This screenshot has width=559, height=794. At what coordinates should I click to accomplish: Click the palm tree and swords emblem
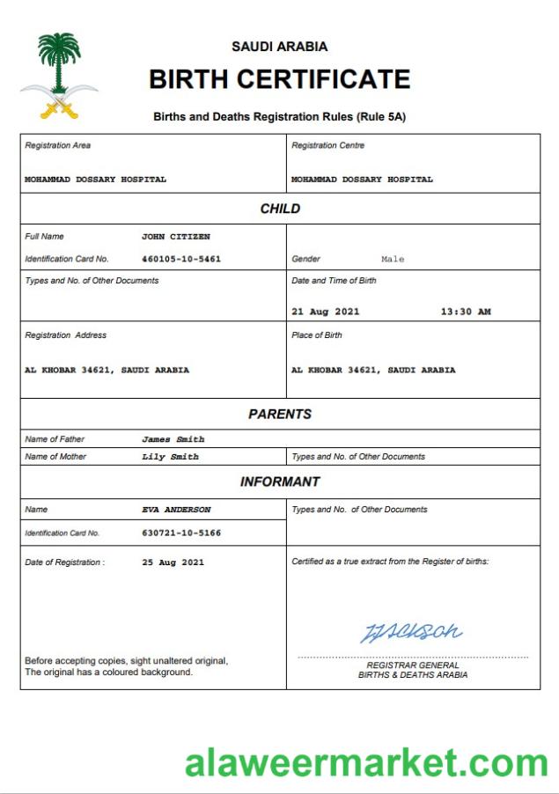(59, 76)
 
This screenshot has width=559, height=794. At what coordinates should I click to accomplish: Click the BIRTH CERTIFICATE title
(279, 79)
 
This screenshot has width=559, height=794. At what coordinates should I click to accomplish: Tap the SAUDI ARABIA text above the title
(279, 47)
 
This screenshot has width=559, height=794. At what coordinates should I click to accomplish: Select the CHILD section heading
(280, 209)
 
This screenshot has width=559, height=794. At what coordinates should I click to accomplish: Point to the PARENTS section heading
(280, 414)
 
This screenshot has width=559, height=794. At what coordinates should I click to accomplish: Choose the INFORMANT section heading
(280, 482)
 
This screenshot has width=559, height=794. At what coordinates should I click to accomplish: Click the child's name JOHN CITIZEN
(176, 237)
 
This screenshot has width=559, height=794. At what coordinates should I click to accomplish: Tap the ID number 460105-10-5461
(181, 260)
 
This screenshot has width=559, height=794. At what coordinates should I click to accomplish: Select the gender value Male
(393, 260)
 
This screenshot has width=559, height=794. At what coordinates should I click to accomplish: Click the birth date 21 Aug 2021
(325, 312)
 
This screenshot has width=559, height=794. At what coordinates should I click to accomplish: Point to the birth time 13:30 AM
(466, 312)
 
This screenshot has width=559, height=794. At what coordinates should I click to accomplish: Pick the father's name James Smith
(173, 439)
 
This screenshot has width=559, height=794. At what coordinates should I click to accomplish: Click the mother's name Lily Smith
(170, 457)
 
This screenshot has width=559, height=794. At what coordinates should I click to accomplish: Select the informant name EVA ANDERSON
(176, 510)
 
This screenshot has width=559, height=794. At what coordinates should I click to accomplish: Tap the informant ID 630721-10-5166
(181, 533)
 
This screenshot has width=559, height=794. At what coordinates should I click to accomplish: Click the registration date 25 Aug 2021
(173, 562)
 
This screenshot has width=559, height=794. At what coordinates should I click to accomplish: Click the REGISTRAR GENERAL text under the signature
(413, 665)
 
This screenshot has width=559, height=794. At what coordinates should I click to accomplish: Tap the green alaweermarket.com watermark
(366, 762)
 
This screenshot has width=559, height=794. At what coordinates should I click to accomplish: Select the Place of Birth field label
(317, 335)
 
